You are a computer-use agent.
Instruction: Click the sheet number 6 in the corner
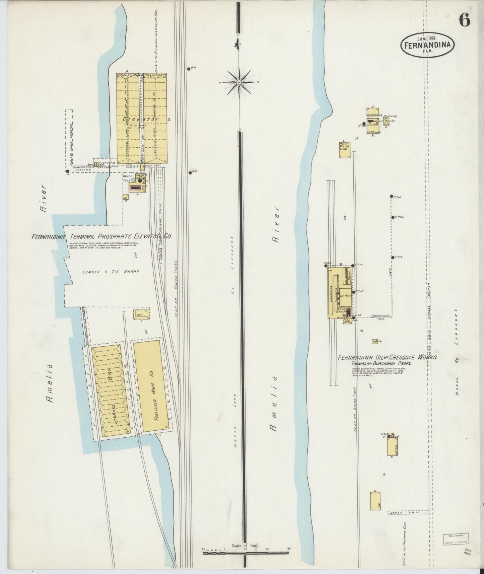click(x=464, y=20)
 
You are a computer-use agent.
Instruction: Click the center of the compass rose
click(x=239, y=82)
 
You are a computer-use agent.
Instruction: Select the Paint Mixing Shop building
click(x=345, y=150)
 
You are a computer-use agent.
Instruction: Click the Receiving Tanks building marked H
click(x=387, y=121)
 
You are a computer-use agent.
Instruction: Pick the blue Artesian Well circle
click(x=373, y=316)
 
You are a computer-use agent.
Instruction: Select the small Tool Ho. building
click(x=375, y=341)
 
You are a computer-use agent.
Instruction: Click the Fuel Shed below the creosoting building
click(x=347, y=321)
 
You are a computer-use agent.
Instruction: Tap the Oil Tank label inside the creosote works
click(x=345, y=296)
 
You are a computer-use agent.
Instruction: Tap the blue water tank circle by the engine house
click(x=133, y=180)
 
